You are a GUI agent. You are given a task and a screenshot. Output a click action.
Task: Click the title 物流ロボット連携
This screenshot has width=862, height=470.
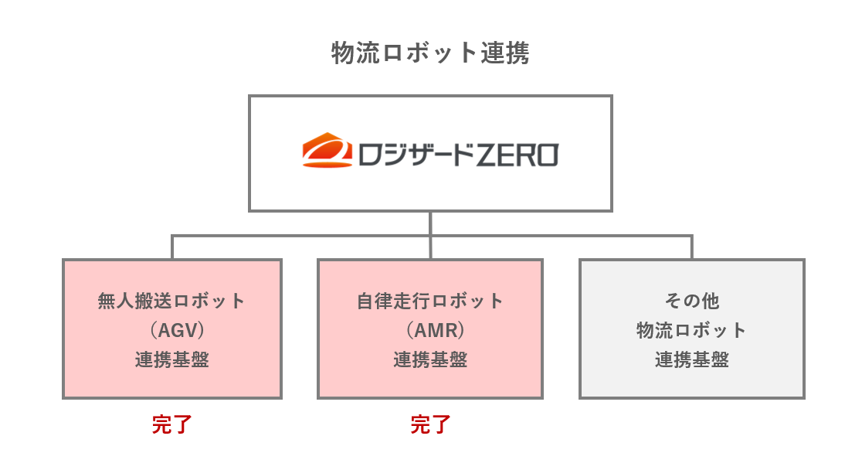click(x=430, y=54)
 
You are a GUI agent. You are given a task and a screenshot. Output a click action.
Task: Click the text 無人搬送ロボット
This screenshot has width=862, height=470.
click(x=171, y=301)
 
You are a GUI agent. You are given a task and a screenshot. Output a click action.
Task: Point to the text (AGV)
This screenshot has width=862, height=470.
click(x=171, y=330)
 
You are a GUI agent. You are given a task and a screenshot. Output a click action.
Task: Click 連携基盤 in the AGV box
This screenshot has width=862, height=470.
click(x=171, y=360)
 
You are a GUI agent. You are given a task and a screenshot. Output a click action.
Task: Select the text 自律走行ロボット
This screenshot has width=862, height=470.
click(x=429, y=301)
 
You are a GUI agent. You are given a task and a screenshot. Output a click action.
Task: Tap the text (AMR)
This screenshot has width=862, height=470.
click(x=429, y=330)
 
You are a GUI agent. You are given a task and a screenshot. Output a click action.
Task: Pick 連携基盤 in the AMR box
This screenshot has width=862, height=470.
click(x=429, y=360)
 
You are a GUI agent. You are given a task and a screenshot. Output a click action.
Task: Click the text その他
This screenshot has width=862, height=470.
click(x=691, y=301)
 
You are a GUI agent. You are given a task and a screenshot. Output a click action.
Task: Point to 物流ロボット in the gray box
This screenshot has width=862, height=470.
click(x=691, y=330)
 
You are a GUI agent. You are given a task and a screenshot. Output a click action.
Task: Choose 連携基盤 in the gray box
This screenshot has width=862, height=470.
click(x=691, y=360)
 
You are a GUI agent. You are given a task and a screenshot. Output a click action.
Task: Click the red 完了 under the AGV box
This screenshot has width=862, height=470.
click(x=171, y=424)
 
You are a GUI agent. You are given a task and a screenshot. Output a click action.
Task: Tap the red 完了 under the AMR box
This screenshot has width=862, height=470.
click(x=429, y=424)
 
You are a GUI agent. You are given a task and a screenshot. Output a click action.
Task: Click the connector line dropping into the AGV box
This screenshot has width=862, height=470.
click(x=172, y=247)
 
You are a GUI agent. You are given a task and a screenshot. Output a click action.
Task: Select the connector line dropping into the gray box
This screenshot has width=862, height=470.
click(x=691, y=247)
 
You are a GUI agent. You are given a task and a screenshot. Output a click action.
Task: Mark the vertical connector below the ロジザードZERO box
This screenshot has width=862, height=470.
click(x=430, y=223)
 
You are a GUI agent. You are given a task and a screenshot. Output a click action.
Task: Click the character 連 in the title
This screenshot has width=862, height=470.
click(x=492, y=54)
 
